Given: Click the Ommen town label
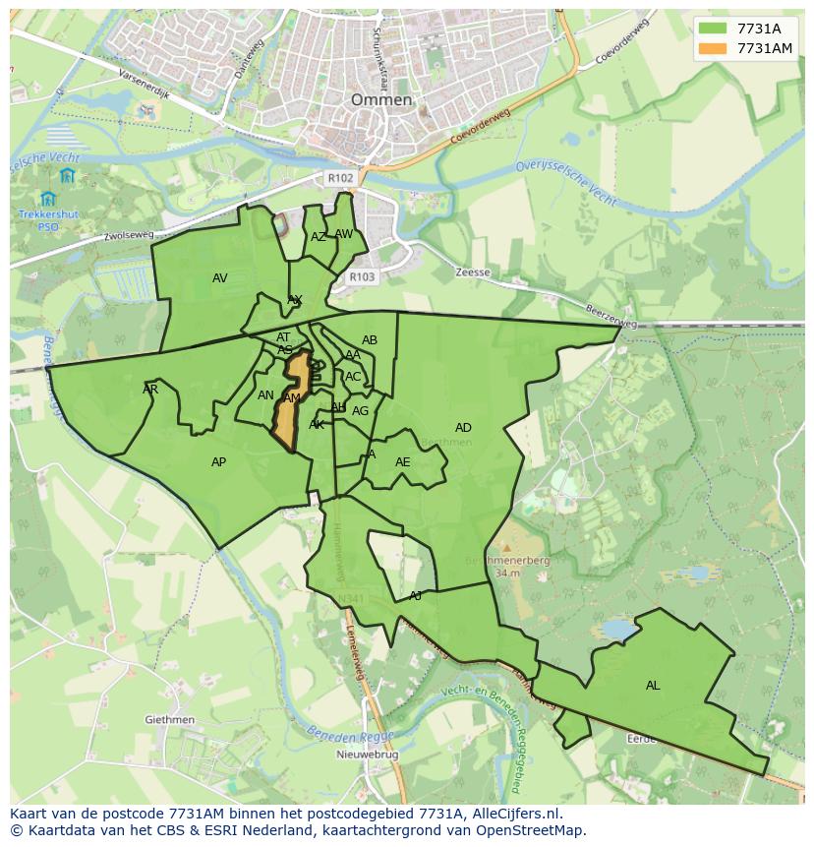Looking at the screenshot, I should [x=381, y=100].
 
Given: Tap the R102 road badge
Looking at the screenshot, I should [x=340, y=178].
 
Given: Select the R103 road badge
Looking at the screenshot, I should [x=362, y=277].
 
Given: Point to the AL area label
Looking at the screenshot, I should [x=653, y=686].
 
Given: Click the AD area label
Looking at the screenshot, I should [x=463, y=428].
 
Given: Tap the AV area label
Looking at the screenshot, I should [x=219, y=278].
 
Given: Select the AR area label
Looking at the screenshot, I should [x=150, y=390].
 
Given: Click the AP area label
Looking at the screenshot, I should [x=218, y=462].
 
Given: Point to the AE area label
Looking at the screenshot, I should [x=403, y=462].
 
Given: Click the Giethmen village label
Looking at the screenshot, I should [x=169, y=720].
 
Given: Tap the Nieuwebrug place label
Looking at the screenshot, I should [x=365, y=755].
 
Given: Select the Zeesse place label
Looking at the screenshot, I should [x=473, y=272].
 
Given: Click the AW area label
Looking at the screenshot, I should [x=343, y=234].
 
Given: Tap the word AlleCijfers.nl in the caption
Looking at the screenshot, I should [x=511, y=814].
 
